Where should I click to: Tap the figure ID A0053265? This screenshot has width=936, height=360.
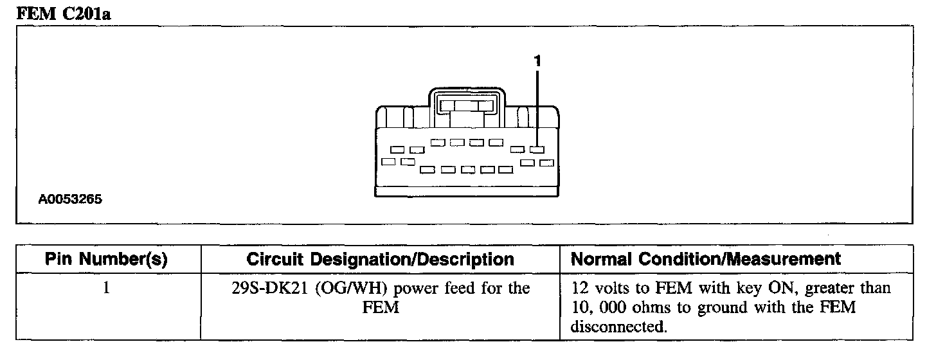pyautogui.click(x=70, y=199)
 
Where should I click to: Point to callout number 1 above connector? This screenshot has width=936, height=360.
pyautogui.click(x=537, y=61)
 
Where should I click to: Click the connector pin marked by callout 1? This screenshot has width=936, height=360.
pyautogui.click(x=537, y=150)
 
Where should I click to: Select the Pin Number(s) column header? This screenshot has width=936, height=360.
pyautogui.click(x=107, y=259)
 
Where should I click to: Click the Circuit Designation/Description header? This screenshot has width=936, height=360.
pyautogui.click(x=381, y=259)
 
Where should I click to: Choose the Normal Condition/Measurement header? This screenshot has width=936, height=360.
pyautogui.click(x=706, y=259)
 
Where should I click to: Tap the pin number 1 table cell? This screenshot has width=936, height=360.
pyautogui.click(x=107, y=288)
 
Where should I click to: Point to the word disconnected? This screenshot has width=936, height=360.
pyautogui.click(x=616, y=327)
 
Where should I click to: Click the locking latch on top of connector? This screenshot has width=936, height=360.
pyautogui.click(x=467, y=105)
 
